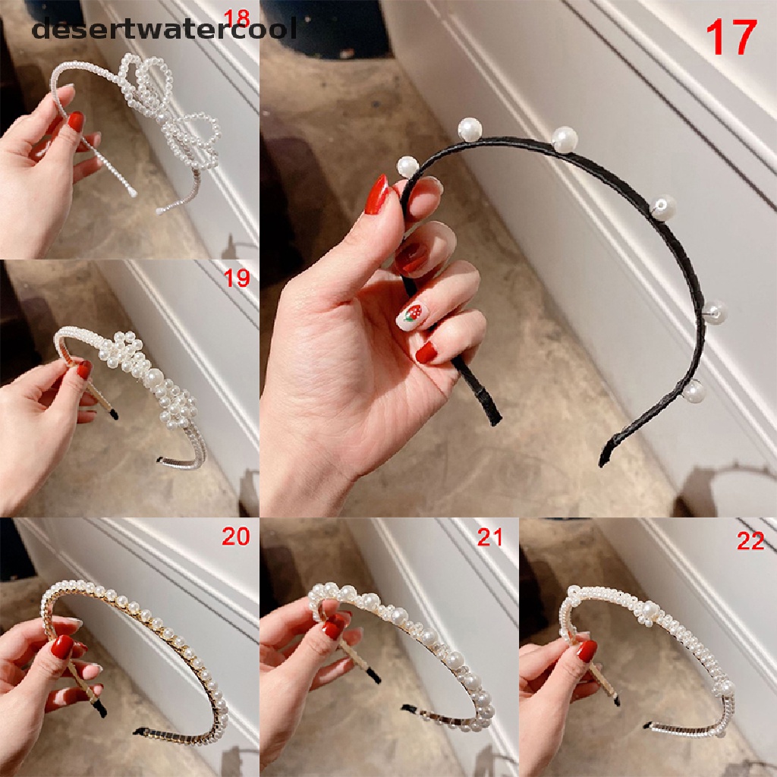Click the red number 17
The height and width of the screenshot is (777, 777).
(731, 38)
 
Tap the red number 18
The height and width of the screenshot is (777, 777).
(237, 18)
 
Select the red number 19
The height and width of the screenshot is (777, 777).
(237, 278)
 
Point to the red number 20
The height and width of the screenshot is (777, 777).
(236, 536)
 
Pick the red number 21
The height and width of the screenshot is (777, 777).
(489, 537)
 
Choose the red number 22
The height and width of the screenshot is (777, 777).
(750, 541)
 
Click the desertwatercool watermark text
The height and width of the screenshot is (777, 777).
(164, 29)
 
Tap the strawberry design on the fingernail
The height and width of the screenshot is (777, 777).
(412, 313)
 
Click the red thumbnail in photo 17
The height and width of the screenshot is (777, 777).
(377, 194)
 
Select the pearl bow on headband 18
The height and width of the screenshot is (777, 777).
(168, 106)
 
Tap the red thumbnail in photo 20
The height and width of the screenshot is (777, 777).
(63, 646)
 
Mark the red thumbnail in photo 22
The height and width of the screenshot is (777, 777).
(587, 651)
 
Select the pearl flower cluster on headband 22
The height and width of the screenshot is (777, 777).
(650, 611)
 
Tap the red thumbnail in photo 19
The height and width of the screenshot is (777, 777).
(85, 370)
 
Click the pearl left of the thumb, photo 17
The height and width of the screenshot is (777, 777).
(407, 166)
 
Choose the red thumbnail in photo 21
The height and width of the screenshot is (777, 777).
(333, 629)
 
